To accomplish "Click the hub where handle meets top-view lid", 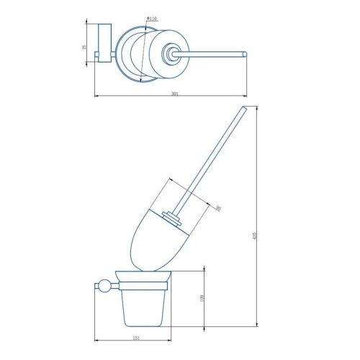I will pyautogui.click(x=172, y=53).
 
